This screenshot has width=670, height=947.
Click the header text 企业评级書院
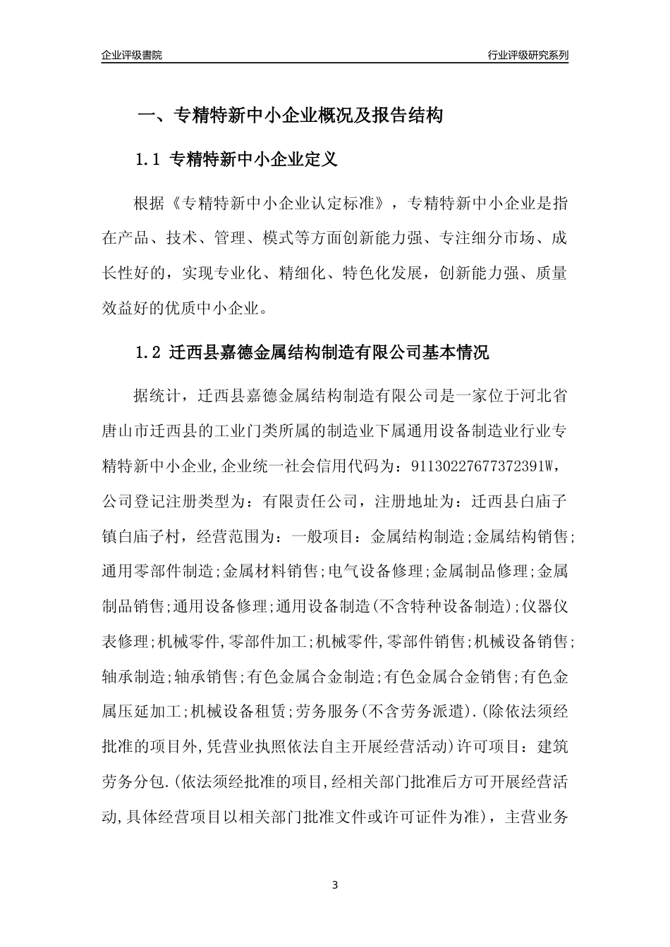131,55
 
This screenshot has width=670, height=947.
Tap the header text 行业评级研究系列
528,55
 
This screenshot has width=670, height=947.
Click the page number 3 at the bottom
335,884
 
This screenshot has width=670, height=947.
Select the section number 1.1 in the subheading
149,160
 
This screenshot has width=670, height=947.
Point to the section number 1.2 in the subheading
149,352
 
